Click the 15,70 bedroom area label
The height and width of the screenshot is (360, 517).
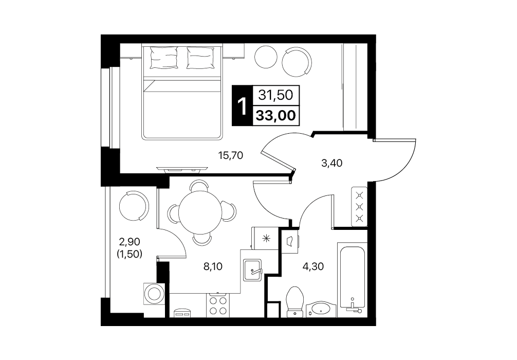coord(231,155)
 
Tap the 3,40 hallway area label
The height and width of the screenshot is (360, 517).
coord(331,163)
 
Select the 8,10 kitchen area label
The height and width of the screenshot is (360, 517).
coord(213,266)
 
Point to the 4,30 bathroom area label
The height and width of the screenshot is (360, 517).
coord(313,266)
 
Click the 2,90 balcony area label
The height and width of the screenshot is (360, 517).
coord(130,242)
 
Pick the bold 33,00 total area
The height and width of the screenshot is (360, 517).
coord(276,116)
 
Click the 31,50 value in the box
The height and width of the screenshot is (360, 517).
coord(275,95)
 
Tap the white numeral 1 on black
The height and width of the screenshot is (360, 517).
coord(243,106)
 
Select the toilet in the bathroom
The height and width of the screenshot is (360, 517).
coord(294,301)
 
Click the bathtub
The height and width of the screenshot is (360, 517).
coord(352,278)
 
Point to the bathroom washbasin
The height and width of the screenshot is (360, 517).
coord(320,309)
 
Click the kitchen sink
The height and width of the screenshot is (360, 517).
coord(252,270)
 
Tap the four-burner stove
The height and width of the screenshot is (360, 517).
coord(217,305)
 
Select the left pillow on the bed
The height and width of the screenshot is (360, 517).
coord(163,58)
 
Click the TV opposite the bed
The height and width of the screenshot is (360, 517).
coord(182,169)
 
